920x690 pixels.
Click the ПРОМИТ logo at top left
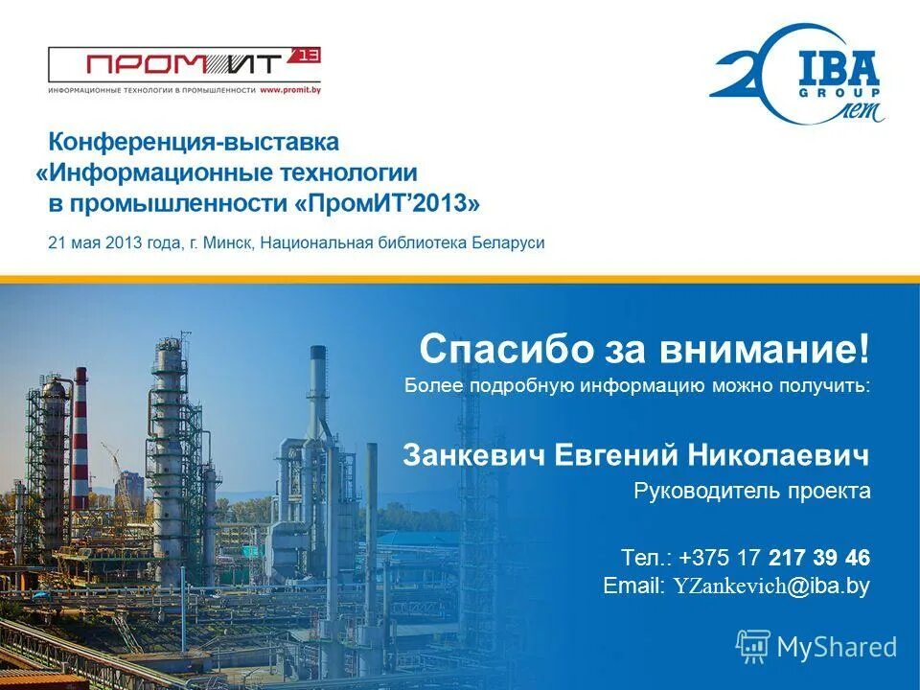pyautogui.click(x=182, y=65)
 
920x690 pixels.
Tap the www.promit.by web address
pyautogui.click(x=289, y=90)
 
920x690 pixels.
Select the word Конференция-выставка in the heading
pyautogui.click(x=194, y=143)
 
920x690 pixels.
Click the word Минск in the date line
pyautogui.click(x=228, y=242)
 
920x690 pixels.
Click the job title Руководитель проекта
pyautogui.click(x=751, y=492)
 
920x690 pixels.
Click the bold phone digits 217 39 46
pyautogui.click(x=818, y=558)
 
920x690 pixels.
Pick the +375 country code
pyautogui.click(x=703, y=558)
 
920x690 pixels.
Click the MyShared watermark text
pyautogui.click(x=836, y=648)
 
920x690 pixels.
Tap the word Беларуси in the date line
pyautogui.click(x=508, y=242)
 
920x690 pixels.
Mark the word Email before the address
pyautogui.click(x=632, y=586)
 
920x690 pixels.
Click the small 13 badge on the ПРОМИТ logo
pyautogui.click(x=309, y=56)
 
